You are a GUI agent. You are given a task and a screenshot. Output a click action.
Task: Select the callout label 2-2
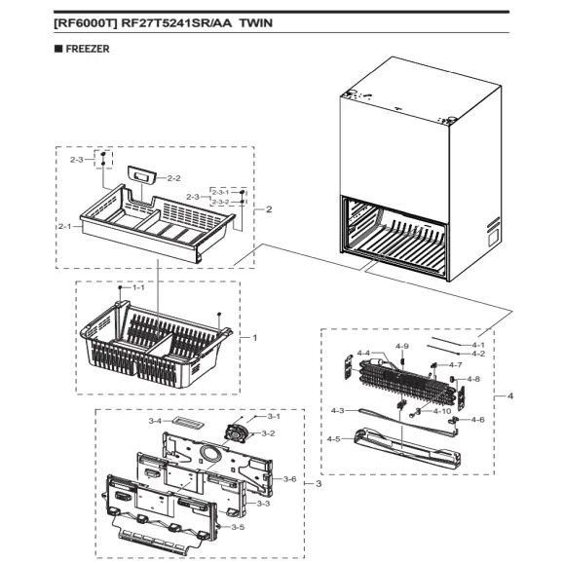174,178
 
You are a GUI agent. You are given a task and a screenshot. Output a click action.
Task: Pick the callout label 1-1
137,288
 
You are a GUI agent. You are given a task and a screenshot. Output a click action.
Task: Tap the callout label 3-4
155,421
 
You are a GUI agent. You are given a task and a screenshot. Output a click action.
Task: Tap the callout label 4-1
477,344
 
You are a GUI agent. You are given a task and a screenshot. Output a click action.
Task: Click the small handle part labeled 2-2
146,175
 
